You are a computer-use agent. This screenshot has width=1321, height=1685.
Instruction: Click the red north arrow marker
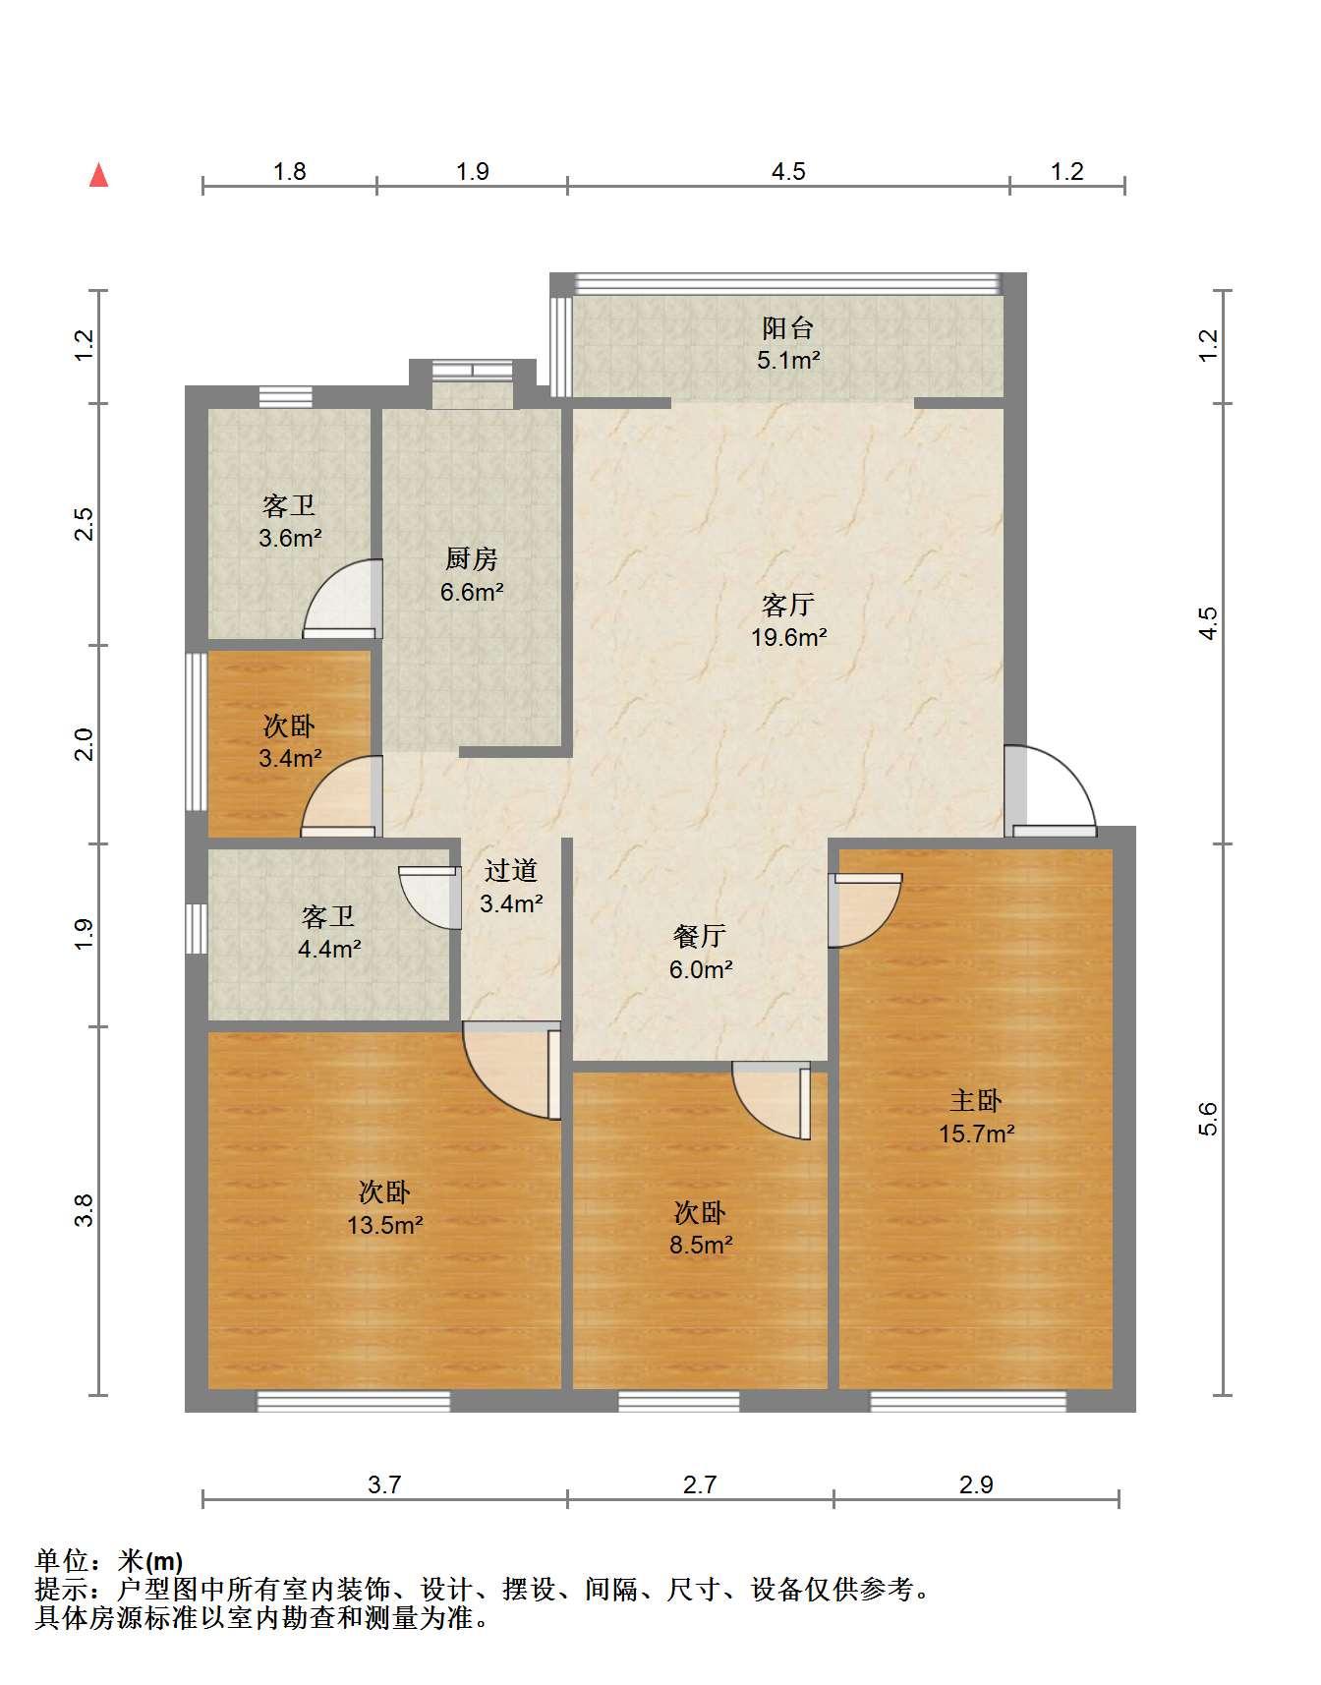click(x=98, y=175)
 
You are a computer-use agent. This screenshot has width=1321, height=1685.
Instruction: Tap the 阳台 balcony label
click(x=788, y=327)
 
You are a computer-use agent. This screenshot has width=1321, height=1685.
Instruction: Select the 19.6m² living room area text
click(x=788, y=637)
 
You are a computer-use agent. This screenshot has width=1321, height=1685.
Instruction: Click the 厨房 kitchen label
click(x=472, y=559)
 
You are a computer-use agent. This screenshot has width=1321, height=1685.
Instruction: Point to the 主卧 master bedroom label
click(x=976, y=1100)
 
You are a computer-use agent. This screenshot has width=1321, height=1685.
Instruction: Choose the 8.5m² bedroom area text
click(x=701, y=1246)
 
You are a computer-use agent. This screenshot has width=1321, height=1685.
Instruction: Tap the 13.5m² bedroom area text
click(x=384, y=1226)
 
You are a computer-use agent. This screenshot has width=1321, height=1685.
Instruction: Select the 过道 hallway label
click(x=511, y=870)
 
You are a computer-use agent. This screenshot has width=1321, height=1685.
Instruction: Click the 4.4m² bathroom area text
click(x=329, y=950)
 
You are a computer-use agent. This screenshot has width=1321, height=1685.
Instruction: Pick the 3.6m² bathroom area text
click(x=290, y=539)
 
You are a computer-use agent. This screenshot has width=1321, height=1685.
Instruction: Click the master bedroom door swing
click(x=865, y=910)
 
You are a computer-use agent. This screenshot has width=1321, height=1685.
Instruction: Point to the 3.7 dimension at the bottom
click(x=384, y=1484)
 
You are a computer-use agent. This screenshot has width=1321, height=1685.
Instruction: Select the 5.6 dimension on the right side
click(x=1208, y=1119)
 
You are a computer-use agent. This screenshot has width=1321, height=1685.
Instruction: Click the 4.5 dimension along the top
click(x=788, y=172)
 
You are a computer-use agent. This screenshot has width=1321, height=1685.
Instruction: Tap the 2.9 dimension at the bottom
click(x=976, y=1484)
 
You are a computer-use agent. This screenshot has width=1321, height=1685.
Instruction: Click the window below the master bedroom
click(x=968, y=1402)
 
